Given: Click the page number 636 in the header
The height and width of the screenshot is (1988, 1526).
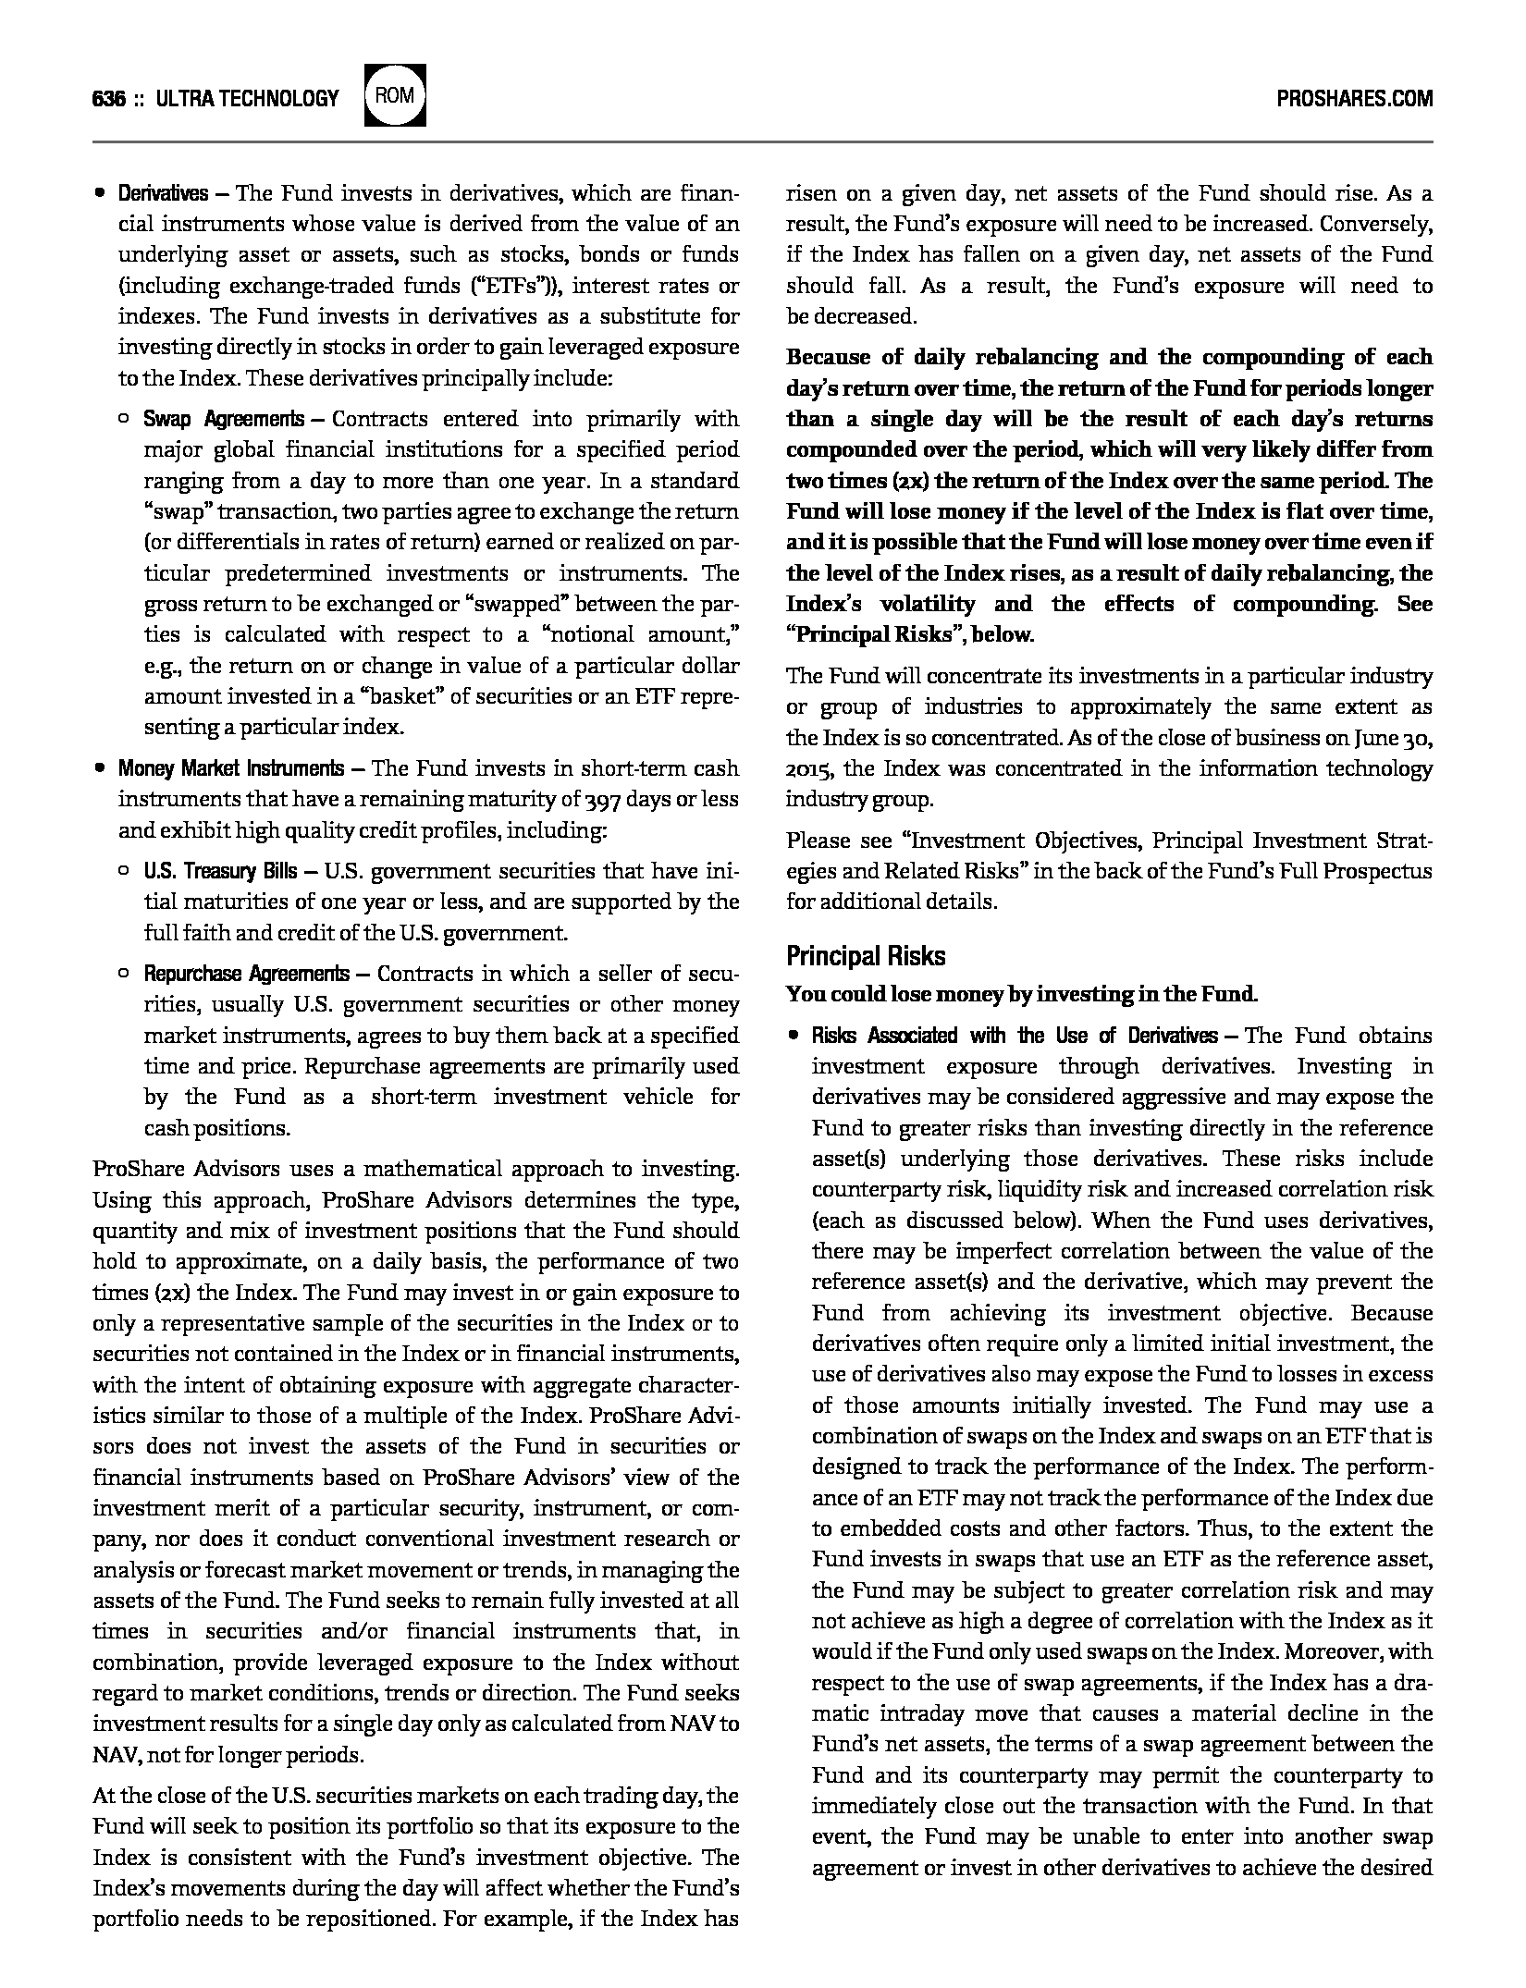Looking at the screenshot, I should (x=109, y=98).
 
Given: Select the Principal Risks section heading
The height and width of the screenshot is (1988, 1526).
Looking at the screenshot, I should (x=866, y=955).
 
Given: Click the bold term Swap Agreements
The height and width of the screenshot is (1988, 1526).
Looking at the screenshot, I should (x=223, y=419).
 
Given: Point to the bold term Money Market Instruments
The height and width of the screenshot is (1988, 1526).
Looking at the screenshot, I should (x=230, y=768).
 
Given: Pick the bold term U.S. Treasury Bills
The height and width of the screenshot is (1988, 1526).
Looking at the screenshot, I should (x=220, y=871).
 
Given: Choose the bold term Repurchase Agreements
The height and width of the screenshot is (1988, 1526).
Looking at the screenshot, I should (x=246, y=974).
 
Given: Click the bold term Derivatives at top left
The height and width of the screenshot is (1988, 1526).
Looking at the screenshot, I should (x=163, y=193).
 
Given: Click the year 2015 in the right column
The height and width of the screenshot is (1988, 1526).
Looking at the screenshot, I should (x=810, y=769).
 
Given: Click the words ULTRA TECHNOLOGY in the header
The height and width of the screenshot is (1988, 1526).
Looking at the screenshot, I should (x=248, y=98).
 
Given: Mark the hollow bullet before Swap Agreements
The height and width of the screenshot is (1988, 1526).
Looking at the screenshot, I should (x=124, y=419).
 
